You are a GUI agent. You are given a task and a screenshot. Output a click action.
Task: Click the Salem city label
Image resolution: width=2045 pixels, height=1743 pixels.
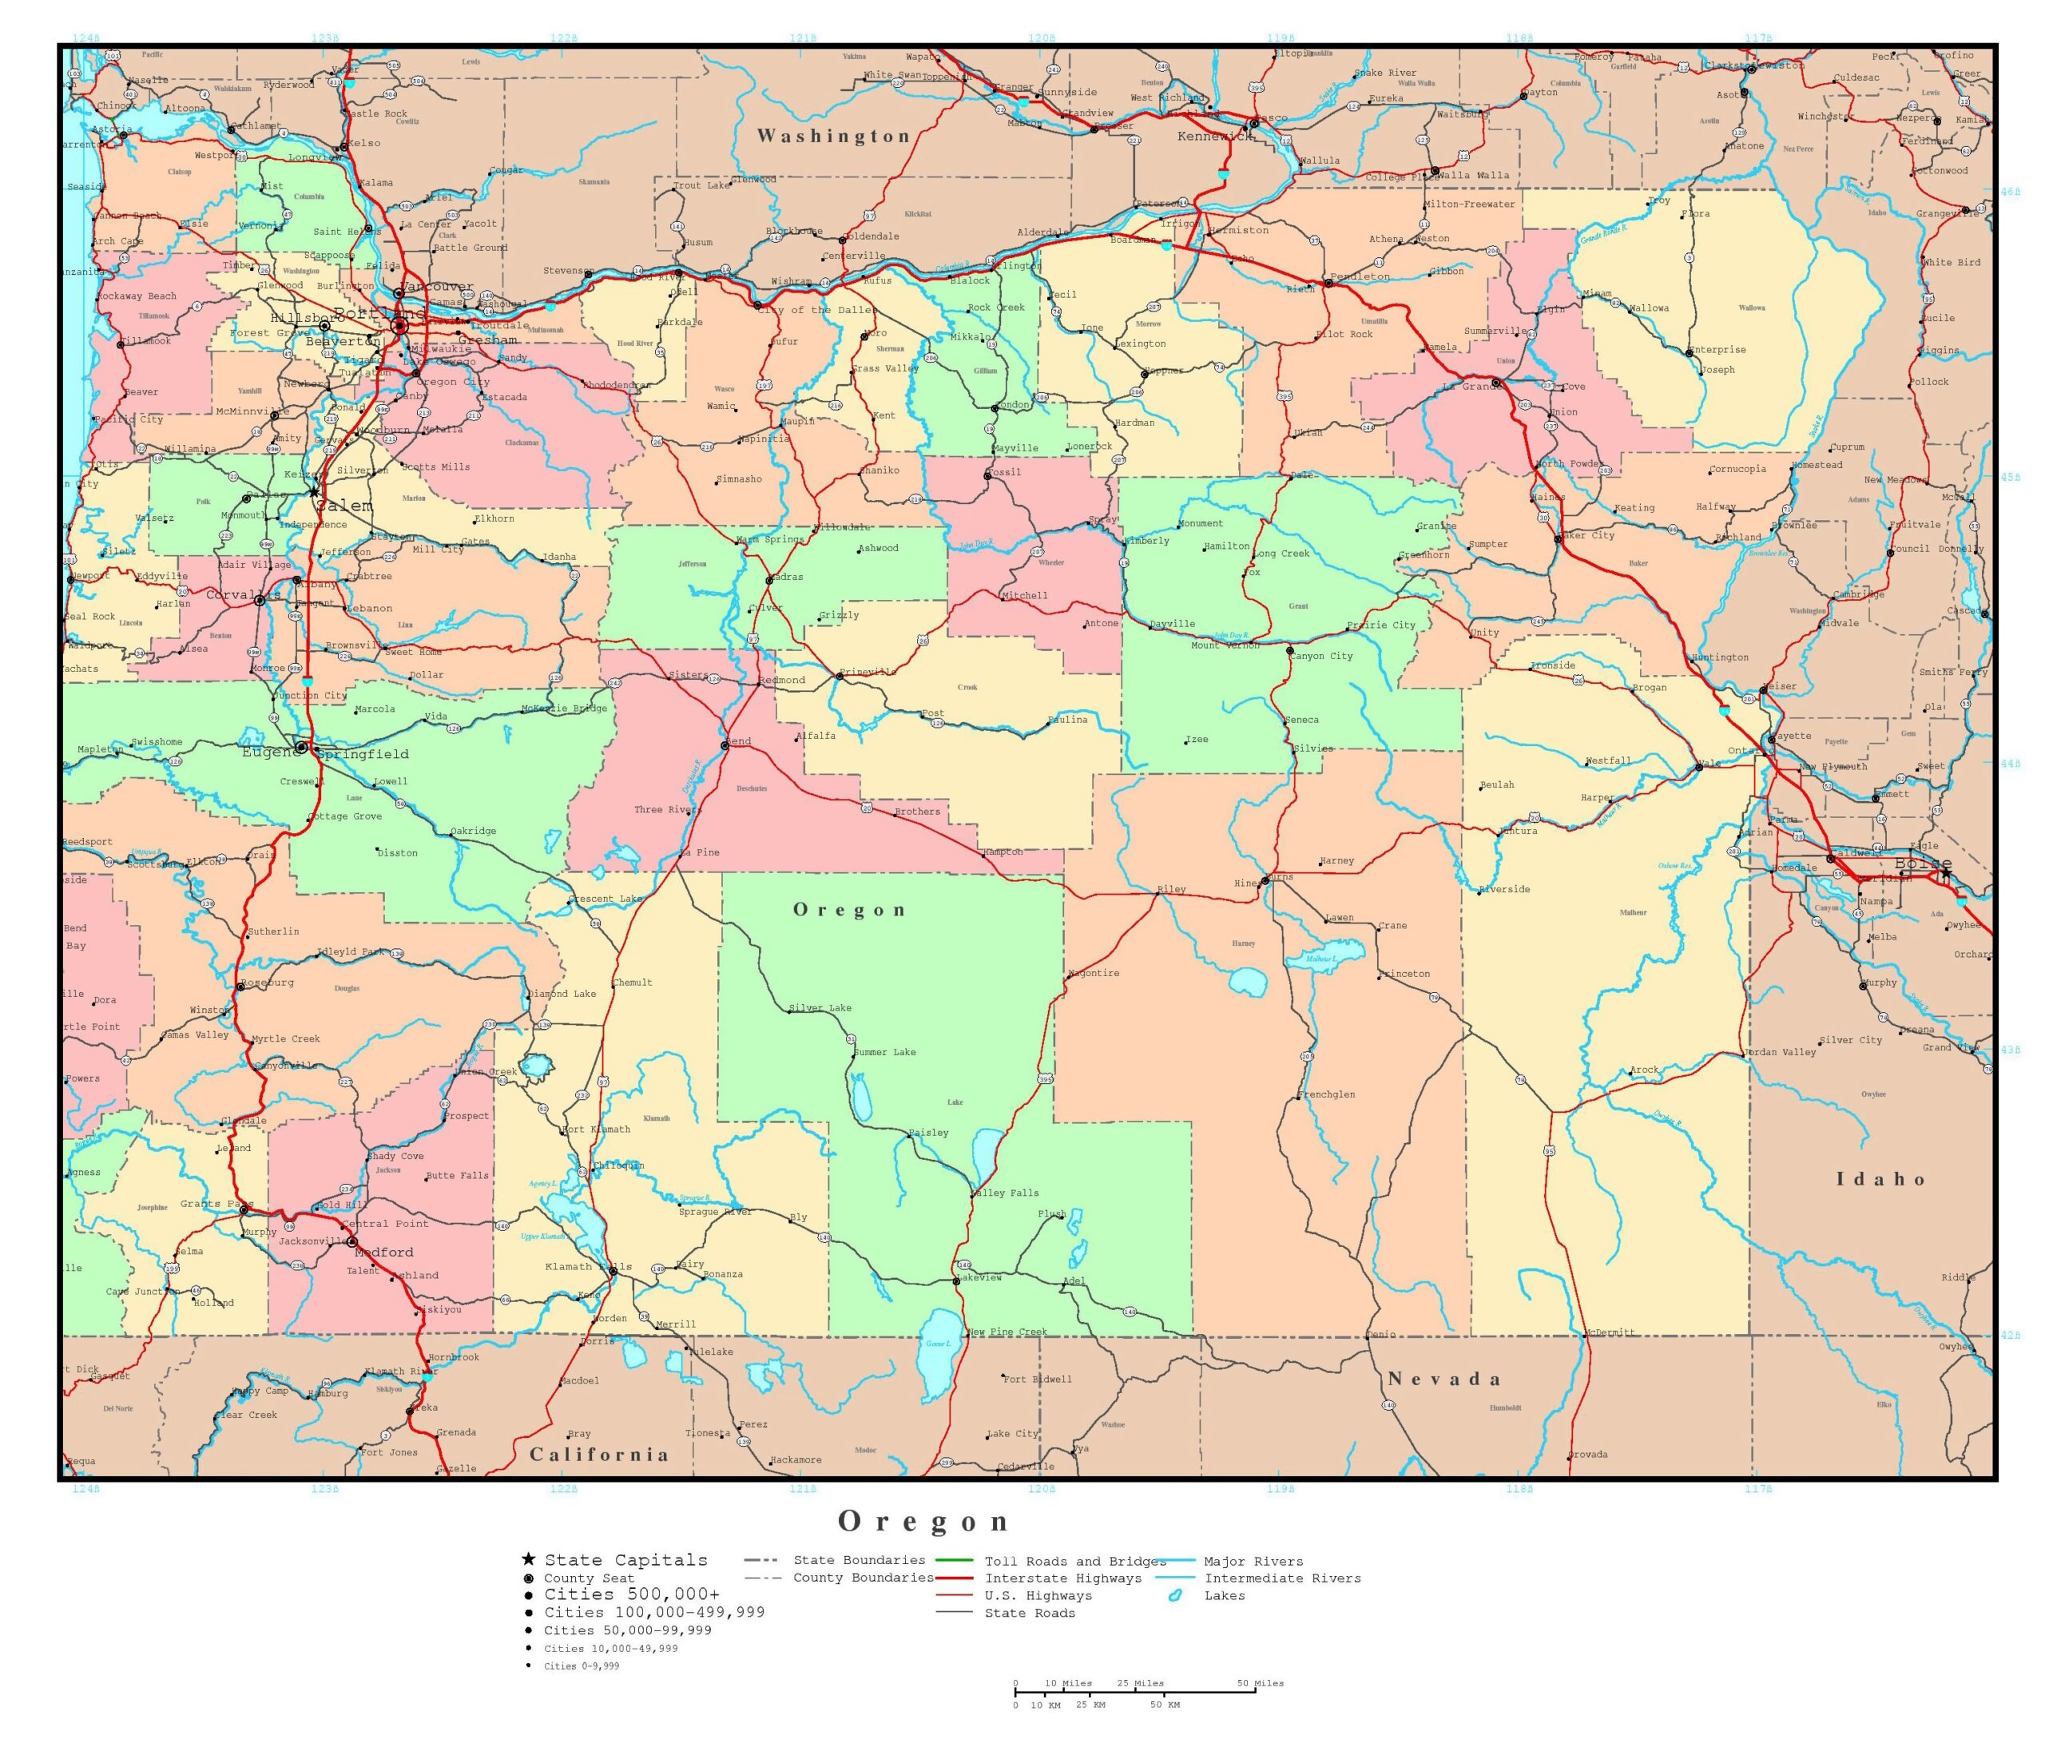tap(344, 506)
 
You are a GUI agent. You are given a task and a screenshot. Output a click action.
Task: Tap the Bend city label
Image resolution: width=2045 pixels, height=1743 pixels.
tap(738, 741)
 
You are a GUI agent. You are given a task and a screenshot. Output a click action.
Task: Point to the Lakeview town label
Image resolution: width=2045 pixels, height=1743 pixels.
tap(979, 1277)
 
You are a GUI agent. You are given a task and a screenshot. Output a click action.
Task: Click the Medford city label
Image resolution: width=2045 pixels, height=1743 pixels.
tap(384, 1252)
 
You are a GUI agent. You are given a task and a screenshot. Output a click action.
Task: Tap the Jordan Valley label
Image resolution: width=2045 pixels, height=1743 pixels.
tap(1781, 1052)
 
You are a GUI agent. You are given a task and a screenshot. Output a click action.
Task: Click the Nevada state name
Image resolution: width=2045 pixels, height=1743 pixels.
tap(1445, 1379)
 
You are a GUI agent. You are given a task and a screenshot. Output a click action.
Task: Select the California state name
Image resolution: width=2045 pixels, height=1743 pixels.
tap(599, 1454)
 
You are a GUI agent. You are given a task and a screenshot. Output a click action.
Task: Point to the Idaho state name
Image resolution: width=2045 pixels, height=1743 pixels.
tap(1880, 1178)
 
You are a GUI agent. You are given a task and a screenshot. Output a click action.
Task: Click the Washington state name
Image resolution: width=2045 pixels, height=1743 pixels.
tap(834, 137)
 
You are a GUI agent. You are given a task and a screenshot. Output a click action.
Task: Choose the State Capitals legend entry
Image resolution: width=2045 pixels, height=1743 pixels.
tap(625, 1559)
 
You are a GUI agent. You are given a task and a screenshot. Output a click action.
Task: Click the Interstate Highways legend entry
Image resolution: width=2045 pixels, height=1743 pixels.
tap(1063, 1578)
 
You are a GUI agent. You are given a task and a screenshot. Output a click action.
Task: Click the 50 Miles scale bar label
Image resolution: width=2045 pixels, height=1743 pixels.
tap(1261, 1683)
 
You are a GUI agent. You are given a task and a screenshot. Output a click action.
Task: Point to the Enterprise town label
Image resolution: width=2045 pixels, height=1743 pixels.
tap(1717, 349)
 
